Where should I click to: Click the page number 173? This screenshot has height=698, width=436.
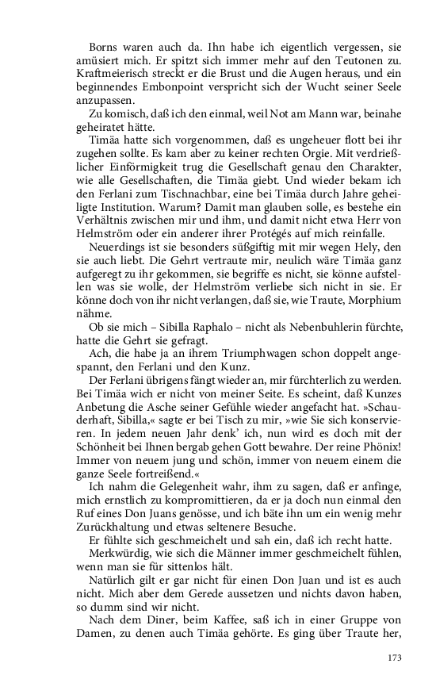[x=394, y=658]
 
